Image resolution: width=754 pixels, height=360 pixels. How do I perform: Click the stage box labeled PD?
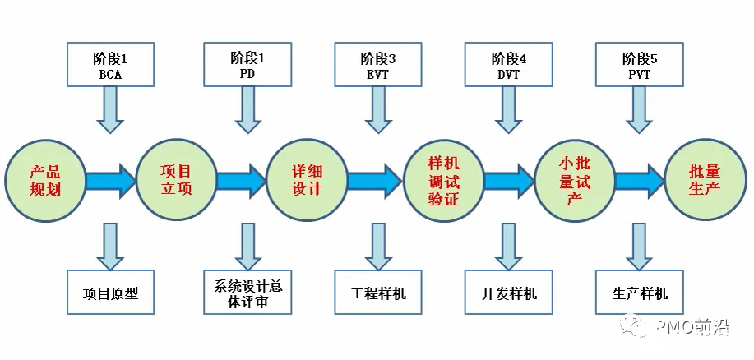pos(247,65)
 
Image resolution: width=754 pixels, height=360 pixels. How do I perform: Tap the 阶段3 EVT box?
pos(378,65)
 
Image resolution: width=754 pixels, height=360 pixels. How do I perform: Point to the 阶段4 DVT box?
pos(509,65)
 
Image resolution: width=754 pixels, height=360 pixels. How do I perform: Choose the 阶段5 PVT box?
pos(640,65)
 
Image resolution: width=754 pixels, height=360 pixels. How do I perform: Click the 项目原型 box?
pos(110,293)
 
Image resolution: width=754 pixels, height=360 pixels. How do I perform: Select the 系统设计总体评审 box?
pos(247,293)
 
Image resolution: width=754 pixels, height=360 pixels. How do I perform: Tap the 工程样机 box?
pos(378,293)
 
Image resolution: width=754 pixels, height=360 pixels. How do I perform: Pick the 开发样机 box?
pos(509,293)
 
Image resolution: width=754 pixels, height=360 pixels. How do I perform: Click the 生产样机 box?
pos(640,293)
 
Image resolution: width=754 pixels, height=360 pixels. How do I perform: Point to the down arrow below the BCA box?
pos(110,109)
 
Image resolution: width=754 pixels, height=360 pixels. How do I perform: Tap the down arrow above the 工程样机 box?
pos(378,246)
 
